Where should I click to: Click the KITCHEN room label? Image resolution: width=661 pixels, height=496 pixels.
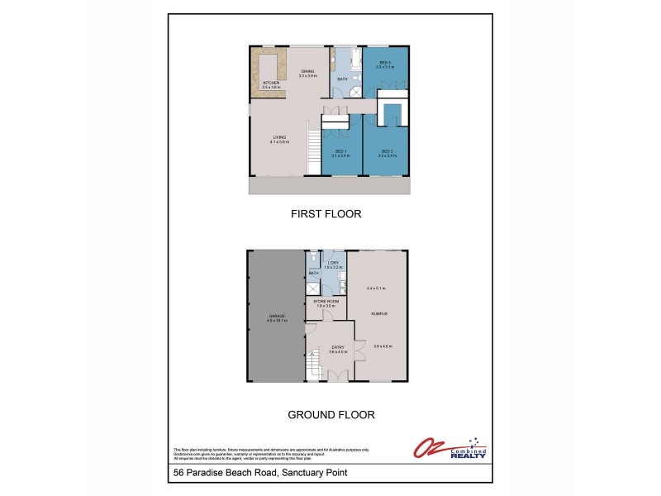(x=272, y=83)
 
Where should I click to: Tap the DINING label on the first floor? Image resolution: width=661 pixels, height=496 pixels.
(x=308, y=71)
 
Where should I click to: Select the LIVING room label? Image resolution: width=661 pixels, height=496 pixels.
(x=278, y=138)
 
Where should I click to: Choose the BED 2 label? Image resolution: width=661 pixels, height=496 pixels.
(x=386, y=150)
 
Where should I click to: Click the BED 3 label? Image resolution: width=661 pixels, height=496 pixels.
(x=385, y=63)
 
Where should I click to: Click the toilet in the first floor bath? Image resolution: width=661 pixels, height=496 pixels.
(x=336, y=60)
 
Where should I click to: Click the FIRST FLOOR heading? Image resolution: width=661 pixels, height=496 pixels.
(x=326, y=213)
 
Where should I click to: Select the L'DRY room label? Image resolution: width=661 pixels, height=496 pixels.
(x=332, y=264)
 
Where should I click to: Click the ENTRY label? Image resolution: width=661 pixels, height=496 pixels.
(x=338, y=347)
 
